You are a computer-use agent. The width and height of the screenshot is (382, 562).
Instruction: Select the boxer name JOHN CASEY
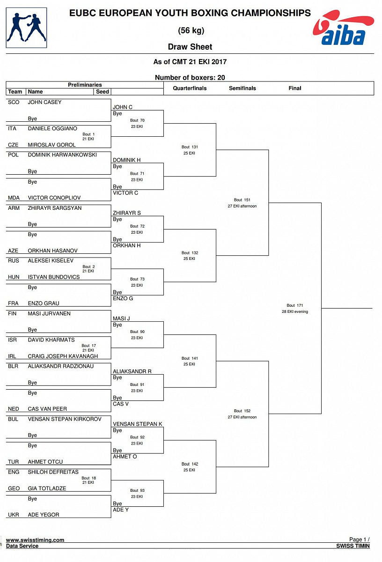click(x=44, y=102)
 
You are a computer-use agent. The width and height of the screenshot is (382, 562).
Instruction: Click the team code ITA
click(x=13, y=128)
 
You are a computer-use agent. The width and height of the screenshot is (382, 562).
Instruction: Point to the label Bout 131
click(x=190, y=147)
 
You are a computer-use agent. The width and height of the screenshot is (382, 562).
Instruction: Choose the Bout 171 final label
click(x=295, y=305)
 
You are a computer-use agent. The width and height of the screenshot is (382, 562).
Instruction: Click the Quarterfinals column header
click(x=190, y=88)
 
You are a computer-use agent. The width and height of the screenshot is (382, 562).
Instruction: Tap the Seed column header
click(x=102, y=92)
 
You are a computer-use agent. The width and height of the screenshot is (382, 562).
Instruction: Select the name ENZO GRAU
click(x=44, y=303)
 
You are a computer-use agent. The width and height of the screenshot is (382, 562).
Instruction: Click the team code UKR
click(x=14, y=515)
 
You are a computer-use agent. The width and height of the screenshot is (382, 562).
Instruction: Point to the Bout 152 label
click(x=242, y=411)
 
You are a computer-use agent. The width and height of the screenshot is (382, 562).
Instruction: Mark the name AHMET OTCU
click(x=45, y=462)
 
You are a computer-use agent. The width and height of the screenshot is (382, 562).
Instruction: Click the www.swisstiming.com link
click(x=35, y=540)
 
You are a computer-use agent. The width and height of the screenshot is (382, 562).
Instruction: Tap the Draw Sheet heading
click(x=190, y=47)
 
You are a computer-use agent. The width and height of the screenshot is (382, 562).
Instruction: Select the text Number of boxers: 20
click(x=190, y=78)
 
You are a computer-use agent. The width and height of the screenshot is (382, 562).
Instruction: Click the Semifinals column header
click(x=242, y=88)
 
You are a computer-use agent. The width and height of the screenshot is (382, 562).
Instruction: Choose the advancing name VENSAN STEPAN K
click(x=138, y=424)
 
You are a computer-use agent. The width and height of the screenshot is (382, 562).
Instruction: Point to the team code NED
click(x=14, y=409)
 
